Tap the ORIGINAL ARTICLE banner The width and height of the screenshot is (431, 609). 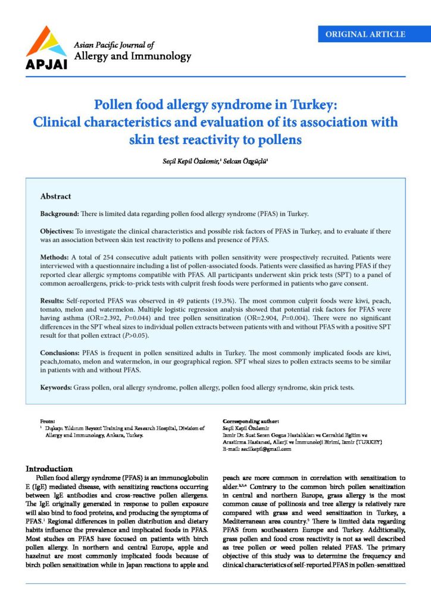click(x=366, y=34)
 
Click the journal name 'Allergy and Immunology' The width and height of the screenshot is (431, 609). click(x=132, y=57)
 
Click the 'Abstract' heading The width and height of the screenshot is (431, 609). click(x=55, y=196)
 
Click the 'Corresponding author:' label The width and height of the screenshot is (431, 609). click(x=246, y=420)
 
